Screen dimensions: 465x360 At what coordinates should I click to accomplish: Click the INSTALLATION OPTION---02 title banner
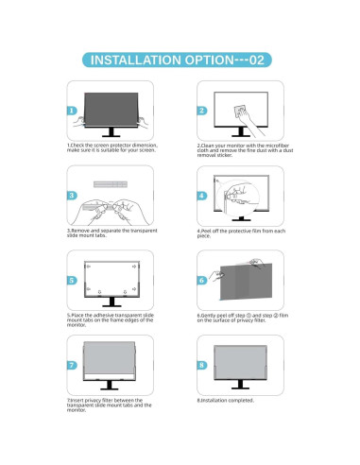coord(180,59)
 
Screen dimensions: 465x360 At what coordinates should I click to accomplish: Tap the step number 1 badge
coord(72,111)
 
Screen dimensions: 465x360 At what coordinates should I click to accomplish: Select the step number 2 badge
coord(201,111)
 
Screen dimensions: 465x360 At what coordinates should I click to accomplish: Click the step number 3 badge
coord(72,195)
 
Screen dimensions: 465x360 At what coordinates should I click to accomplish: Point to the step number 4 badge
coord(201,195)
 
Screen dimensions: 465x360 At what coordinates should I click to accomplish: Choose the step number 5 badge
coord(72,280)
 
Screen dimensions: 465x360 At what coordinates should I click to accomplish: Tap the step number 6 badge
coord(201,280)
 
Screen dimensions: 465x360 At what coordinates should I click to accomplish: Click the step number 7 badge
coord(72,364)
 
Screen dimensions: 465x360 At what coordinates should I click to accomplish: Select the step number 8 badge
coord(201,364)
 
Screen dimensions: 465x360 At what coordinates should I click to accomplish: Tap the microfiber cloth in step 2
coord(247,109)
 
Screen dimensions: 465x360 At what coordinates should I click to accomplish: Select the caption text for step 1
coord(107,148)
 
